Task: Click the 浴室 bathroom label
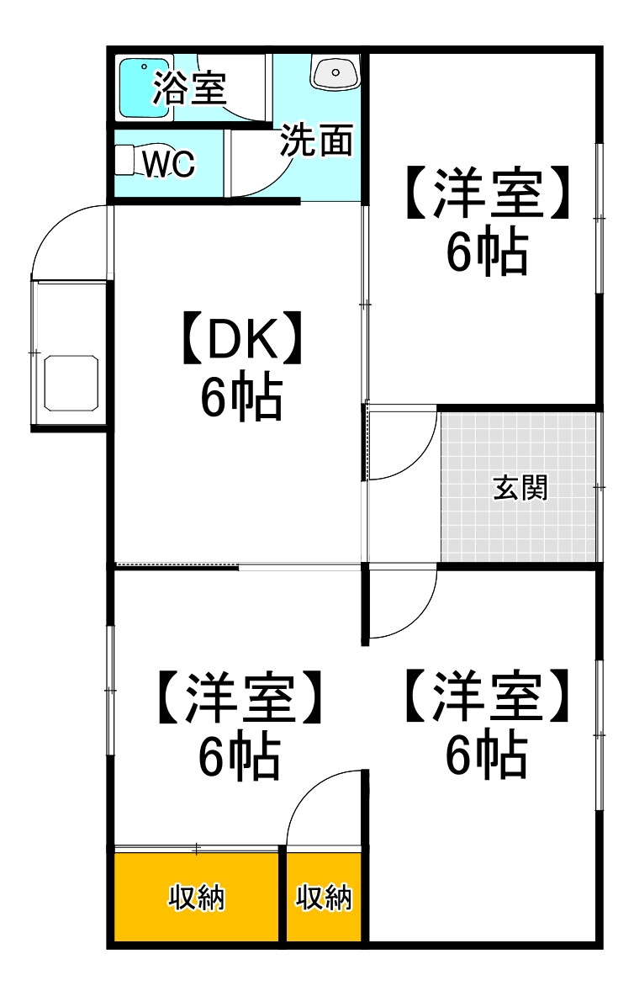pos(190,88)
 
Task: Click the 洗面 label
pos(316,140)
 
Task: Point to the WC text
pos(169,164)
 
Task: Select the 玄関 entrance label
pos(520,487)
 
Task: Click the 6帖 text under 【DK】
pos(240,398)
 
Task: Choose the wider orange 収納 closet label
pos(196,898)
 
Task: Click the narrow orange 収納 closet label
pos(324,898)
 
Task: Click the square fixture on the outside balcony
pos(71,383)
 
